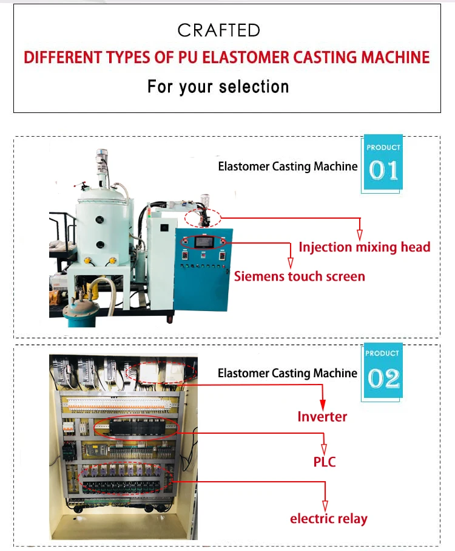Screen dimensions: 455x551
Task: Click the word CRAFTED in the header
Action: [218, 30]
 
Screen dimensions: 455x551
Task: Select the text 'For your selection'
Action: [218, 87]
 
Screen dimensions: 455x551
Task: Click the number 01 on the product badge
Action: [383, 171]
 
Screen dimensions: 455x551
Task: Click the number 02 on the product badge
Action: [383, 378]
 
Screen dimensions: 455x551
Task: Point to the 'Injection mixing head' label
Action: [365, 247]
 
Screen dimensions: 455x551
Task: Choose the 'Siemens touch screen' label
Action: [300, 276]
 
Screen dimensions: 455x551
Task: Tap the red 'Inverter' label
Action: [322, 417]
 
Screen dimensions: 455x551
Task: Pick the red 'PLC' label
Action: [325, 462]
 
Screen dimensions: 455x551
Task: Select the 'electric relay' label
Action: [329, 519]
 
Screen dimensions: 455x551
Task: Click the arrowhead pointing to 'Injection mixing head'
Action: [360, 234]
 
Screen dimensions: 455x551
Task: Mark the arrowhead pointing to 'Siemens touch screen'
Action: [291, 263]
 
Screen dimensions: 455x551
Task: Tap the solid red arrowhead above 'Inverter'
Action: [323, 405]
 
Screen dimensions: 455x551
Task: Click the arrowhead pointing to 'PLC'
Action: [324, 449]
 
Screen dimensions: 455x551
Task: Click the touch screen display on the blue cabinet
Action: [204, 242]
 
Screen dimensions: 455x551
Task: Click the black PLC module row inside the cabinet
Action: [137, 428]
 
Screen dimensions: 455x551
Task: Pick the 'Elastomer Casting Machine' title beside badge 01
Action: [288, 166]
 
